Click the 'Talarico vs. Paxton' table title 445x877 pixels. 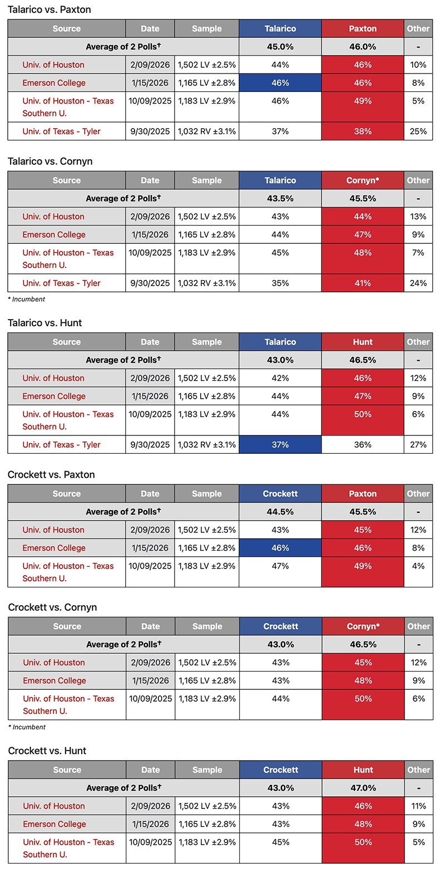click(x=50, y=9)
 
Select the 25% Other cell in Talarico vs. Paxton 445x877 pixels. click(x=418, y=131)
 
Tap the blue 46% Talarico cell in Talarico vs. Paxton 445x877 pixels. click(x=280, y=83)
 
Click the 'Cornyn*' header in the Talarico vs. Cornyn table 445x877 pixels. click(x=363, y=180)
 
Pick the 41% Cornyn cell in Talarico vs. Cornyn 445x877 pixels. click(x=363, y=283)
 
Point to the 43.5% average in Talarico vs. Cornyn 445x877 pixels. click(x=280, y=199)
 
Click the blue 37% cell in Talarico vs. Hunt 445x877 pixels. click(x=280, y=445)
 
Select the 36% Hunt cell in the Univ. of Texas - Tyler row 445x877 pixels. click(x=363, y=445)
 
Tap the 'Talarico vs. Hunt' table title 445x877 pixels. click(x=45, y=323)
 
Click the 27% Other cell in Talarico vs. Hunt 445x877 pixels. click(x=418, y=445)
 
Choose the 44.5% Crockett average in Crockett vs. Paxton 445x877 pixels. click(x=280, y=512)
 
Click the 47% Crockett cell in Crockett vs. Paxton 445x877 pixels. click(x=280, y=566)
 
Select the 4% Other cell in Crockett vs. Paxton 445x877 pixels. click(x=418, y=566)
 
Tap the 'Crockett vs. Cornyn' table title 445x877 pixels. click(x=52, y=607)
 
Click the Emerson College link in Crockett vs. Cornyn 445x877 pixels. click(x=55, y=680)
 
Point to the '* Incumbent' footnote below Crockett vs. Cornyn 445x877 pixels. click(x=27, y=727)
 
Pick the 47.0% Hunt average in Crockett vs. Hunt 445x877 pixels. click(x=363, y=788)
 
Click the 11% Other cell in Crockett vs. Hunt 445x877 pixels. click(x=419, y=806)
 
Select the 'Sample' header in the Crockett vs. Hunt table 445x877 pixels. click(x=207, y=770)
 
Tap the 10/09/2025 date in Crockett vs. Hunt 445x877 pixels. click(x=151, y=842)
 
